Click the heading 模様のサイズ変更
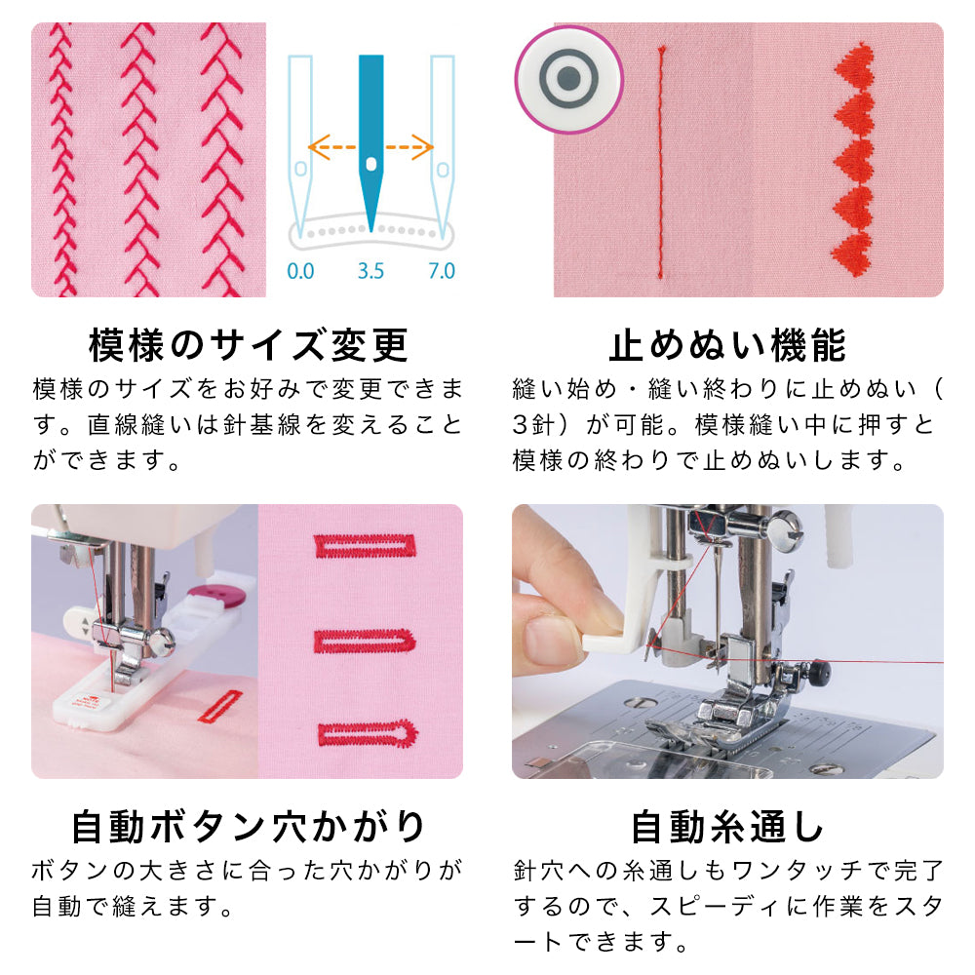click(x=248, y=345)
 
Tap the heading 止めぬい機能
click(x=727, y=345)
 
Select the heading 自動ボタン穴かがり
click(x=248, y=827)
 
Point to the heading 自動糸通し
click(x=727, y=827)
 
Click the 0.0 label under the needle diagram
click(x=300, y=271)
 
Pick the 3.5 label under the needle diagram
click(x=370, y=271)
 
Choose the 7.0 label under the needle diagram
click(x=442, y=271)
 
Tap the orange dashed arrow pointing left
click(x=332, y=148)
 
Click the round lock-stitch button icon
click(x=569, y=80)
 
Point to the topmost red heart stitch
click(x=854, y=65)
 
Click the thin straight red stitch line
click(x=661, y=162)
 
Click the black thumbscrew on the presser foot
click(x=821, y=671)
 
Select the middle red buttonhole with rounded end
click(x=365, y=642)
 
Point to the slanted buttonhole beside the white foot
click(x=219, y=706)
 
